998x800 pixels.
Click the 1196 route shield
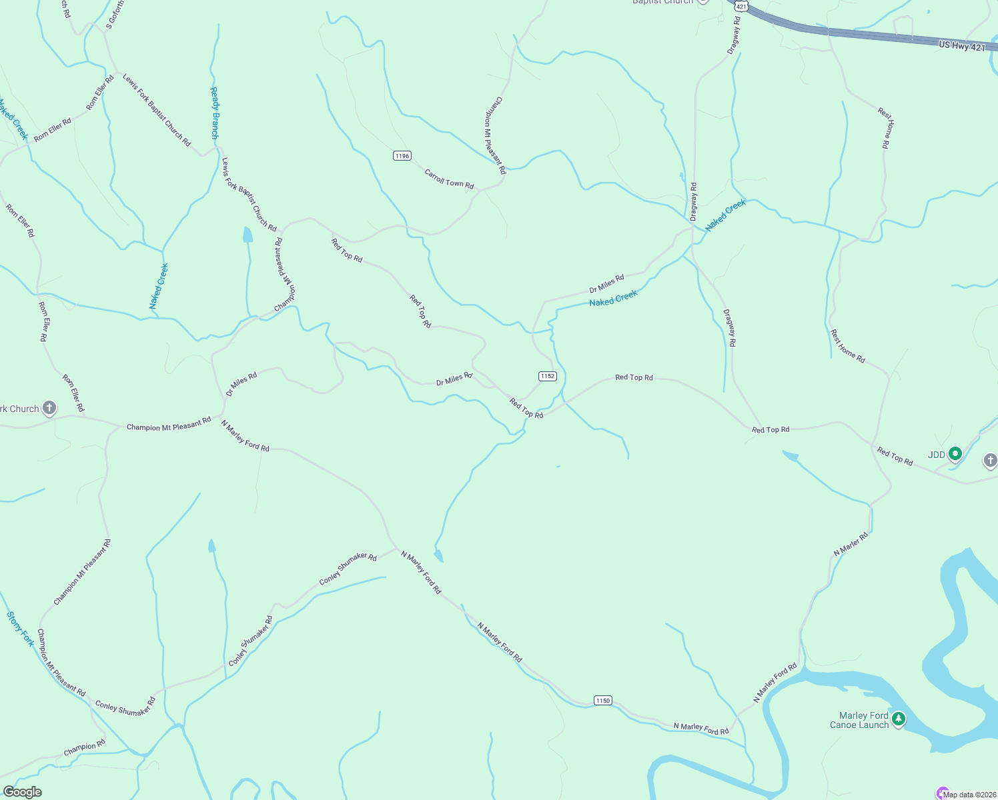tap(402, 156)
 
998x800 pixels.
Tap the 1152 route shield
tap(548, 376)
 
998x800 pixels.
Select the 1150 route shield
tap(602, 700)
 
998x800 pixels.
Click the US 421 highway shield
tap(740, 6)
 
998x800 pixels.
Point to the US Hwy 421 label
tap(961, 46)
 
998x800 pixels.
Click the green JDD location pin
tap(955, 454)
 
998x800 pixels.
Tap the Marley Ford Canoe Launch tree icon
tap(899, 719)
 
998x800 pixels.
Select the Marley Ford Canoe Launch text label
tap(859, 720)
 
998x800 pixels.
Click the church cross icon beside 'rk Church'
tap(49, 407)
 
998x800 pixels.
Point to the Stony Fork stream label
tap(20, 629)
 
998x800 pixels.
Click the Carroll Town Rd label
tap(449, 179)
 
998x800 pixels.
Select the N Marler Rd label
tap(851, 544)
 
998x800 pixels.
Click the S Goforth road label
tap(114, 14)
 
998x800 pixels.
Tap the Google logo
tap(22, 791)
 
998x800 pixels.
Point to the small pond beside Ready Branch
tap(247, 235)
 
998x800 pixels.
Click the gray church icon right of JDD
tap(990, 460)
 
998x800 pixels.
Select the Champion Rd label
tap(84, 748)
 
